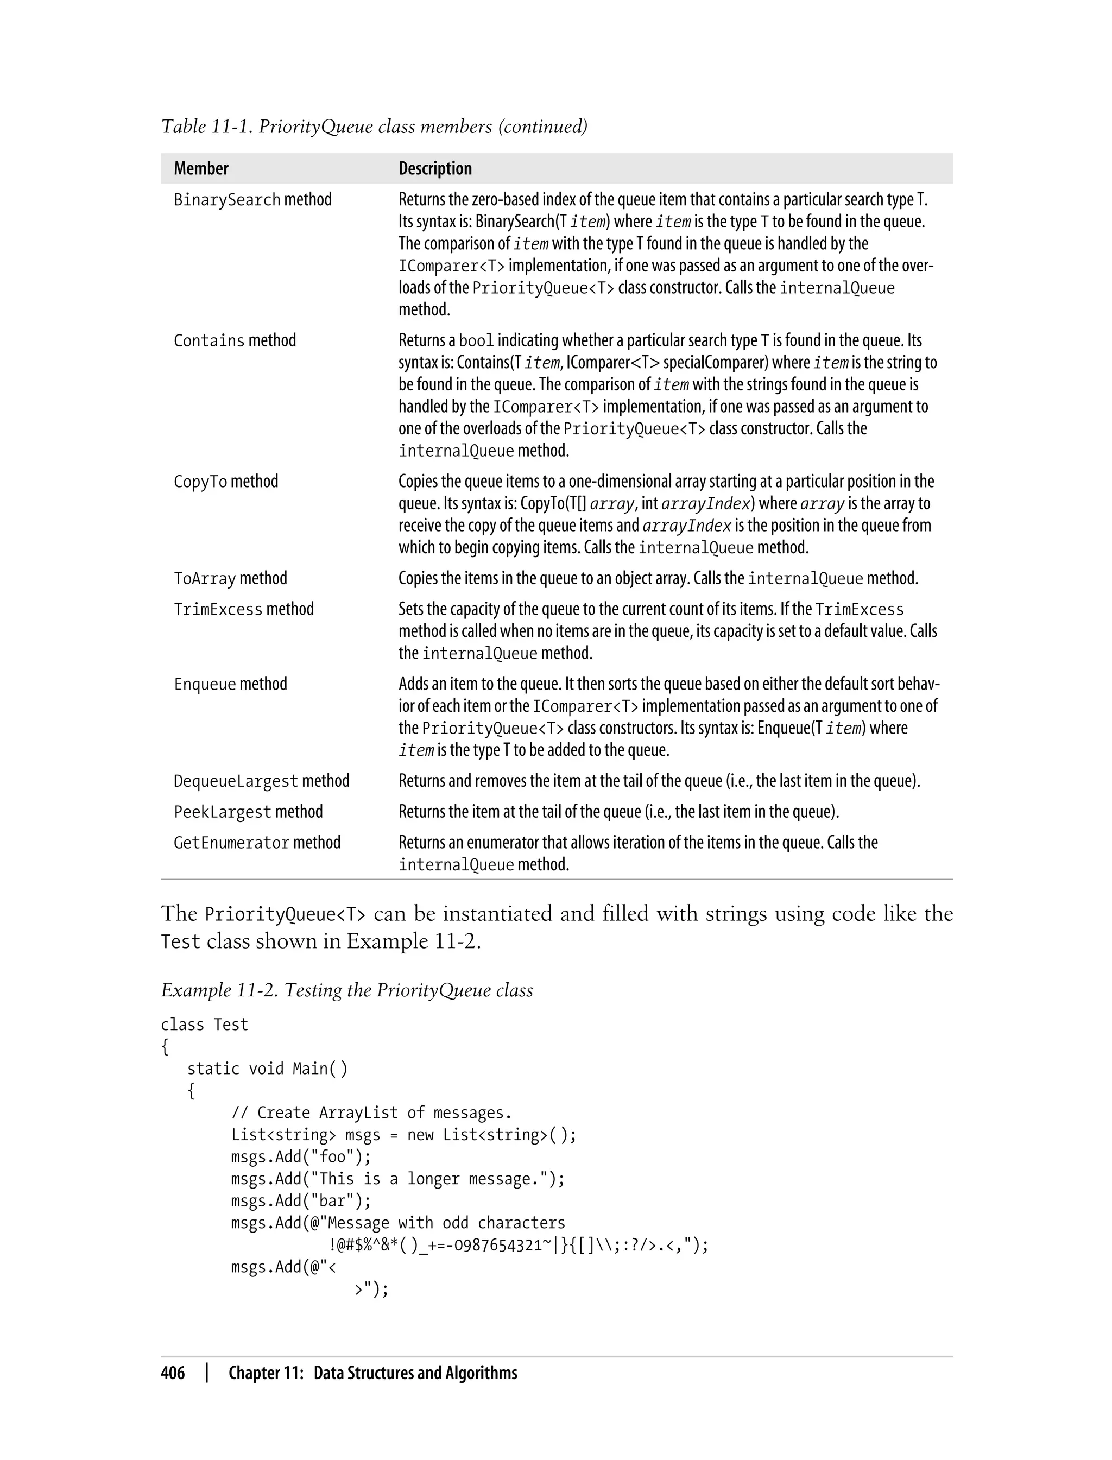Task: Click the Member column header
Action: click(x=201, y=169)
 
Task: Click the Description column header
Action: click(x=435, y=169)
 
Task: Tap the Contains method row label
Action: click(x=235, y=341)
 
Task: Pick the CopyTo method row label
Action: click(x=226, y=482)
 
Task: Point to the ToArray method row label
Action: click(x=230, y=578)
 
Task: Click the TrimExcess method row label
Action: click(x=244, y=610)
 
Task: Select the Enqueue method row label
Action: click(x=230, y=684)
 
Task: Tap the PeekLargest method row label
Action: click(x=248, y=812)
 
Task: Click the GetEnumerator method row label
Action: click(x=257, y=843)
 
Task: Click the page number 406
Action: click(x=173, y=1373)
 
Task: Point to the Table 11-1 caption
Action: click(x=374, y=127)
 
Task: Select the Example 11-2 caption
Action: click(x=347, y=991)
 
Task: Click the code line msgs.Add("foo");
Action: click(x=301, y=1157)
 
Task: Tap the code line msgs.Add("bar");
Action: click(x=301, y=1201)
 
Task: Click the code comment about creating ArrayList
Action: click(x=371, y=1113)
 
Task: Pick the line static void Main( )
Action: click(x=267, y=1069)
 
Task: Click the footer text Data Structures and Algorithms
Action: click(x=415, y=1373)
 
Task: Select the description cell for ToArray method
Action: click(x=658, y=578)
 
